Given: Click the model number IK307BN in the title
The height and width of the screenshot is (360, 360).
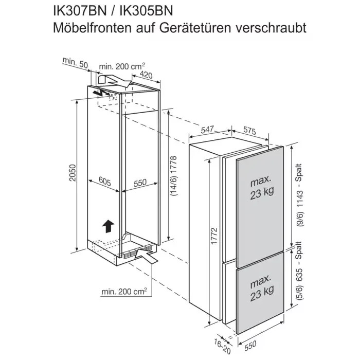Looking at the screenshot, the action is (80, 11).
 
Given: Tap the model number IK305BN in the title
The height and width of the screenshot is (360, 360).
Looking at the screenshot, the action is (146, 11).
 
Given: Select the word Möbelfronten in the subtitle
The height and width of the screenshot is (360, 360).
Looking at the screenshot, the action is (92, 28).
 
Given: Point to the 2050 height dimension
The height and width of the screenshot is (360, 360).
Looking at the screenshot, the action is (73, 173).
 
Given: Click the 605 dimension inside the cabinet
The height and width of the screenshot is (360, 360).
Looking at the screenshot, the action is (105, 181).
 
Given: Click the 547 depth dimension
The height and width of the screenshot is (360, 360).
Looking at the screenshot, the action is (207, 130).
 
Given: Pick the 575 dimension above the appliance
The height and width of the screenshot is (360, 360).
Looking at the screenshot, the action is (249, 131).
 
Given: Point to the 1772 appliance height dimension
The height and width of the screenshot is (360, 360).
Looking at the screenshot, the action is (214, 236).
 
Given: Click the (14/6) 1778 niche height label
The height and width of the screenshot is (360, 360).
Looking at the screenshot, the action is (174, 176).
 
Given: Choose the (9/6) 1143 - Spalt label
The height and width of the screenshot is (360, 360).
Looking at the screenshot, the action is (299, 195).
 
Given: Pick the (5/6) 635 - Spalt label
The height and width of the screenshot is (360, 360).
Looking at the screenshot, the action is (299, 271).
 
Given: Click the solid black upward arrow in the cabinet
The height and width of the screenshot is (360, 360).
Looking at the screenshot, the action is (108, 226).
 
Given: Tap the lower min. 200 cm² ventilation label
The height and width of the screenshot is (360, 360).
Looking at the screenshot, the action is (124, 292).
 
